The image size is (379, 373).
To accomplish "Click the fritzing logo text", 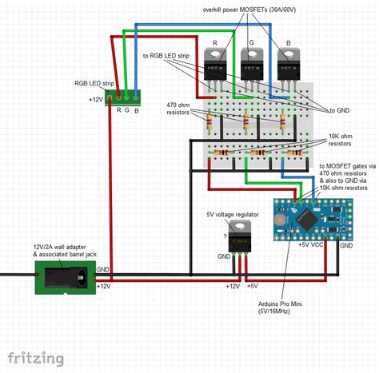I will pyautogui.click(x=36, y=356).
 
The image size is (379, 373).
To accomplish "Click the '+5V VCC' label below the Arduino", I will pyautogui.click(x=313, y=245).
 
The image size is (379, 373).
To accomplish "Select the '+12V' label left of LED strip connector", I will pyautogui.click(x=98, y=100).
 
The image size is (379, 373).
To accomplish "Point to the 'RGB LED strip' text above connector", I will pyautogui.click(x=96, y=82).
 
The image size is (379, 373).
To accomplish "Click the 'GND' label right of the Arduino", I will pyautogui.click(x=345, y=245).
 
